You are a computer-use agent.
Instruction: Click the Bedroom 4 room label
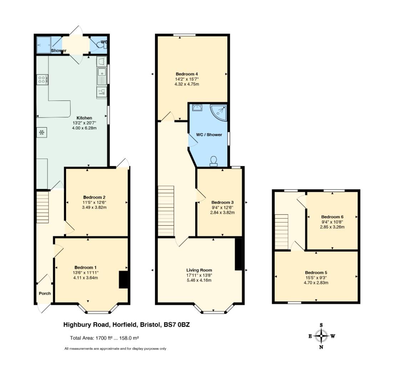(x=187, y=74)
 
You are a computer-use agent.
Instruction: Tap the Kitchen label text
(x=84, y=118)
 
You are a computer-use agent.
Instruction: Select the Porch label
(x=45, y=293)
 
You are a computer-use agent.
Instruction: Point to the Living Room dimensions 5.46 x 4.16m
(x=199, y=280)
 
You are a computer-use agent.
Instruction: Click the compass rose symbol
(x=321, y=336)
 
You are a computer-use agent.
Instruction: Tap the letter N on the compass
(x=321, y=347)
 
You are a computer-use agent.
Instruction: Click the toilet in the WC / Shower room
(x=213, y=161)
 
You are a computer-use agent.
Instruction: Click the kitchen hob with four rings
(x=42, y=80)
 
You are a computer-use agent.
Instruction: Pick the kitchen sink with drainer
(x=102, y=76)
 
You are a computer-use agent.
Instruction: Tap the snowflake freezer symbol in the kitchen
(x=42, y=132)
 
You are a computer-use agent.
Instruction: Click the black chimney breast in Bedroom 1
(x=123, y=279)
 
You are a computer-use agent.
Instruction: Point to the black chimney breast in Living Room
(x=238, y=254)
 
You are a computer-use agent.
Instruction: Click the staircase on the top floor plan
(x=282, y=232)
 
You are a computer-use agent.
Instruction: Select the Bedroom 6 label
(x=332, y=217)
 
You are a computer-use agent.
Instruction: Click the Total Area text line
(x=105, y=338)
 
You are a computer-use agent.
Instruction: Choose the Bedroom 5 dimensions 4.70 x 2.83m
(x=316, y=283)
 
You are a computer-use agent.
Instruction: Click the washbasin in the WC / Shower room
(x=197, y=108)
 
